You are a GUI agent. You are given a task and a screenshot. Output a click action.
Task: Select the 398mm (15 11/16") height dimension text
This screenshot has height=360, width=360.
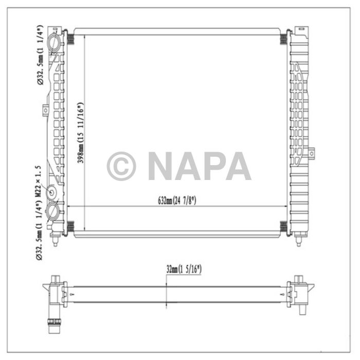81,133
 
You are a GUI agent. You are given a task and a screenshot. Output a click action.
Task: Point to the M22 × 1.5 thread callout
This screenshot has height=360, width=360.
38,180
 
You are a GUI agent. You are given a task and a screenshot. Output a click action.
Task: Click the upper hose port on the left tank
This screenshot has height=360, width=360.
53,41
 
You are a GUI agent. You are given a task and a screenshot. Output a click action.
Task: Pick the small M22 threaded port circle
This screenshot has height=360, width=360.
52,192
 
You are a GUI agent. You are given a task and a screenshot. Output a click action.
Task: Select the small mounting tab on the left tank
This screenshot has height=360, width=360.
45,110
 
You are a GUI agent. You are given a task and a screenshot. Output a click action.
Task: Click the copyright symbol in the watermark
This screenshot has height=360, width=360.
121,166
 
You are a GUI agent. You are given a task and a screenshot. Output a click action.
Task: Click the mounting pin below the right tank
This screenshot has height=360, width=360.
298,240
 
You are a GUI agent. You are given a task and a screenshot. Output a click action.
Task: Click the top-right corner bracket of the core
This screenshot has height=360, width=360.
283,39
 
